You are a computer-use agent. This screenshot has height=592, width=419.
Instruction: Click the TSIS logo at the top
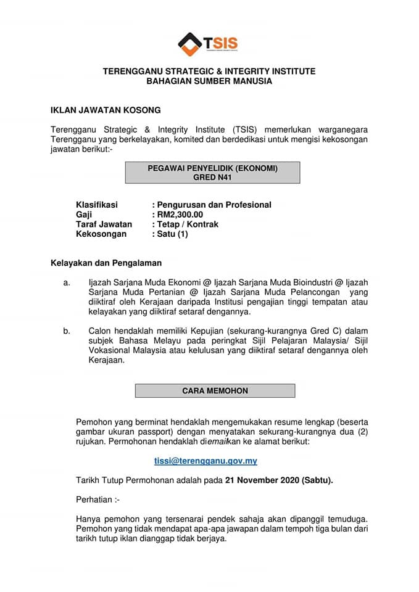[x=209, y=44]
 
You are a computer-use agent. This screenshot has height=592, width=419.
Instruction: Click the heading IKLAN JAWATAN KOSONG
[x=106, y=110]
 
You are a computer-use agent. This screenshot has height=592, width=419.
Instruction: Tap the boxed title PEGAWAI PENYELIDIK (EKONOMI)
[x=212, y=168]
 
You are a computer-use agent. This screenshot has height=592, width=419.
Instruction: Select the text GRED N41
[x=212, y=178]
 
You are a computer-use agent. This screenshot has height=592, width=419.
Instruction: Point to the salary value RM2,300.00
[x=180, y=215]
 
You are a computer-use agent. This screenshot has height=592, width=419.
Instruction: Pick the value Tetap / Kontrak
[x=187, y=224]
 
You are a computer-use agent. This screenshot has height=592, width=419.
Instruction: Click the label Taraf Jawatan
[x=104, y=224]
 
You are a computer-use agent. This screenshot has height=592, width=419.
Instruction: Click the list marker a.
[x=66, y=282]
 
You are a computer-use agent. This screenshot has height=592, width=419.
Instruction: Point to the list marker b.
[x=66, y=332]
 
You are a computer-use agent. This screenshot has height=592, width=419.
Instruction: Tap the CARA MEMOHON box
[x=215, y=391]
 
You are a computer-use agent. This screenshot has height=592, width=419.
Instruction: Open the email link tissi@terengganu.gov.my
[x=205, y=461]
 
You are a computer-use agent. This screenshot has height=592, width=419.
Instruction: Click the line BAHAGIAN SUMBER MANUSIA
[x=209, y=81]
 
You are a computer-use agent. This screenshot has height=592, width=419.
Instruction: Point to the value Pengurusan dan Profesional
[x=214, y=205]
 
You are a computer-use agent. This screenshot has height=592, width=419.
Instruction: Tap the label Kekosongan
[x=101, y=234]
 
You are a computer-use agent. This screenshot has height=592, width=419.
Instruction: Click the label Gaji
[x=84, y=215]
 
